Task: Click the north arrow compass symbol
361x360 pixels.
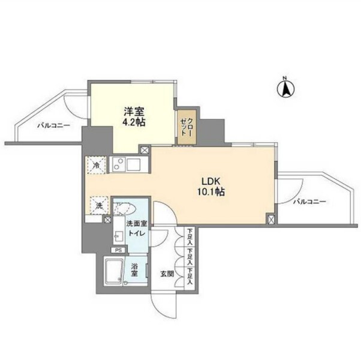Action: point(285,88)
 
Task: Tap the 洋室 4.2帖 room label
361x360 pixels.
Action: point(135,117)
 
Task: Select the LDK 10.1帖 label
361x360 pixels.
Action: point(211,187)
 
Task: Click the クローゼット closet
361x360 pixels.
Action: point(186,127)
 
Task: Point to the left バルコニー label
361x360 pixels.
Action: point(53,126)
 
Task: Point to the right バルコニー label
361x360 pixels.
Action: point(309,202)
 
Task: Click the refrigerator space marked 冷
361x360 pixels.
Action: point(97,165)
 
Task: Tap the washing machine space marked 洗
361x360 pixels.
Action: point(99,205)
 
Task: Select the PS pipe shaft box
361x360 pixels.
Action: point(118,250)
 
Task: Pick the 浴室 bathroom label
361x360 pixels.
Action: point(134,271)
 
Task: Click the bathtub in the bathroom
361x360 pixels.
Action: point(113,271)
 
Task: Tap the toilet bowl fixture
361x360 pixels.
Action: point(125,209)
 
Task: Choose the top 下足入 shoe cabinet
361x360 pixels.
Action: point(190,237)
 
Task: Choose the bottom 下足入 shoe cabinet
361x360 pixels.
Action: point(190,277)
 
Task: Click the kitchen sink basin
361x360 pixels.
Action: point(136,164)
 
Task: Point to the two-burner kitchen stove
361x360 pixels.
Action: point(118,164)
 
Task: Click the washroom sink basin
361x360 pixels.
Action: point(118,236)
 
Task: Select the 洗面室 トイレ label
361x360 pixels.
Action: point(137,228)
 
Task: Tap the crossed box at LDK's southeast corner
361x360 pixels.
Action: point(270,218)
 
